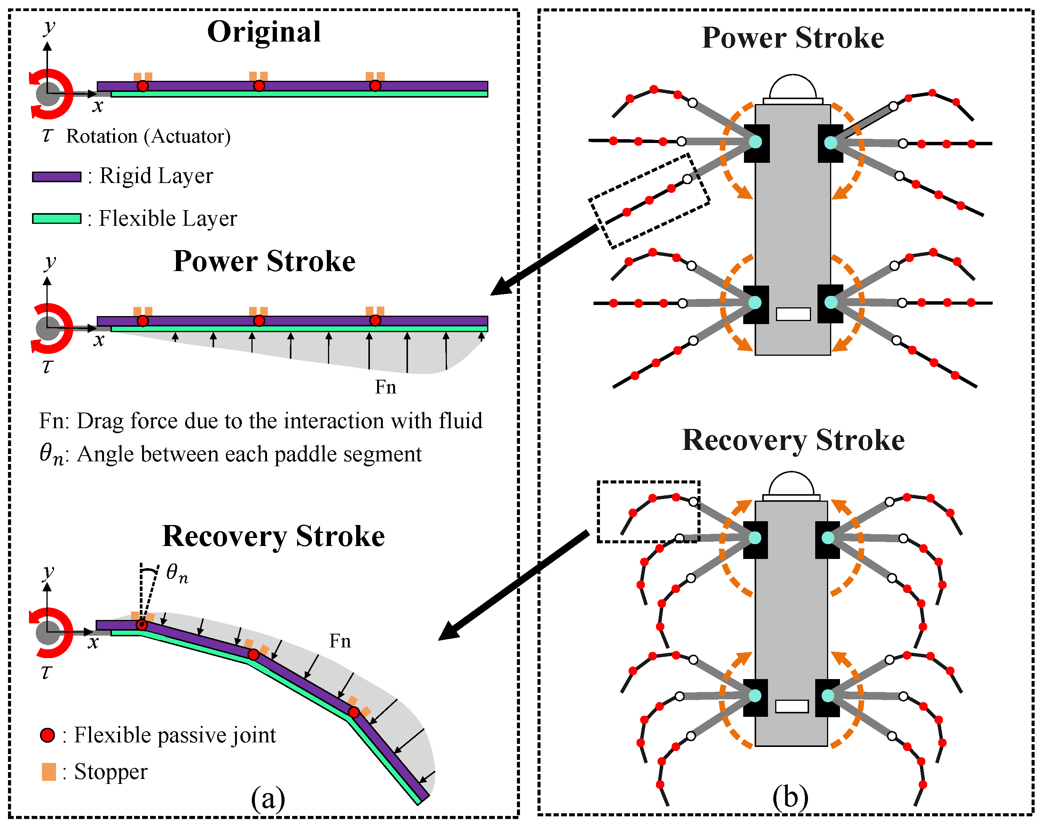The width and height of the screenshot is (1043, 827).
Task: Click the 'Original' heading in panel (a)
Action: click(264, 32)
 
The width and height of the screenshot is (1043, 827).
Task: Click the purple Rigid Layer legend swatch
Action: click(57, 177)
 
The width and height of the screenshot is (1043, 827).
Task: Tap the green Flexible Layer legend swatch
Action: click(57, 218)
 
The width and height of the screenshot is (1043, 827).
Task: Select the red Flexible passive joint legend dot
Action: click(47, 735)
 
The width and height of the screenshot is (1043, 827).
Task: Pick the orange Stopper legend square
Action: click(49, 771)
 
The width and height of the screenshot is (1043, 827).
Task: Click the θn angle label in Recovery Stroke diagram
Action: click(177, 574)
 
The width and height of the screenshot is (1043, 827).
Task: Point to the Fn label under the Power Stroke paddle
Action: click(386, 387)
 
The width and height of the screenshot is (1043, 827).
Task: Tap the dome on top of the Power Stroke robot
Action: click(793, 88)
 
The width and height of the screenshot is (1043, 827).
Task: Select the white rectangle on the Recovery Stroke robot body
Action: click(792, 706)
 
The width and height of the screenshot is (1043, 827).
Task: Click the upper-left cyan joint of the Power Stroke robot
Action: click(755, 142)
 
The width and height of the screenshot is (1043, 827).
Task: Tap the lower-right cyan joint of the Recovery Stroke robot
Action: click(828, 696)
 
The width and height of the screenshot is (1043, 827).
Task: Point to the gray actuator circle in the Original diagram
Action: click(48, 94)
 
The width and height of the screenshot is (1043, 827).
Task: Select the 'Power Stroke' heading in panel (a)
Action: click(264, 262)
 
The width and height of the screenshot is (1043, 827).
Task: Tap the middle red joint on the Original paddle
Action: click(259, 86)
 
